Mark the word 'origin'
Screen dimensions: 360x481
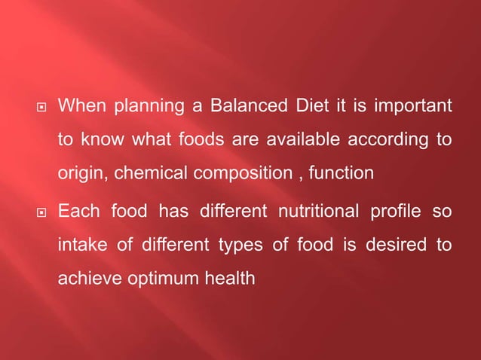tap(81, 175)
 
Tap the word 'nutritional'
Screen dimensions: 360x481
tap(314, 212)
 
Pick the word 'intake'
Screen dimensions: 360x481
tap(81, 246)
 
